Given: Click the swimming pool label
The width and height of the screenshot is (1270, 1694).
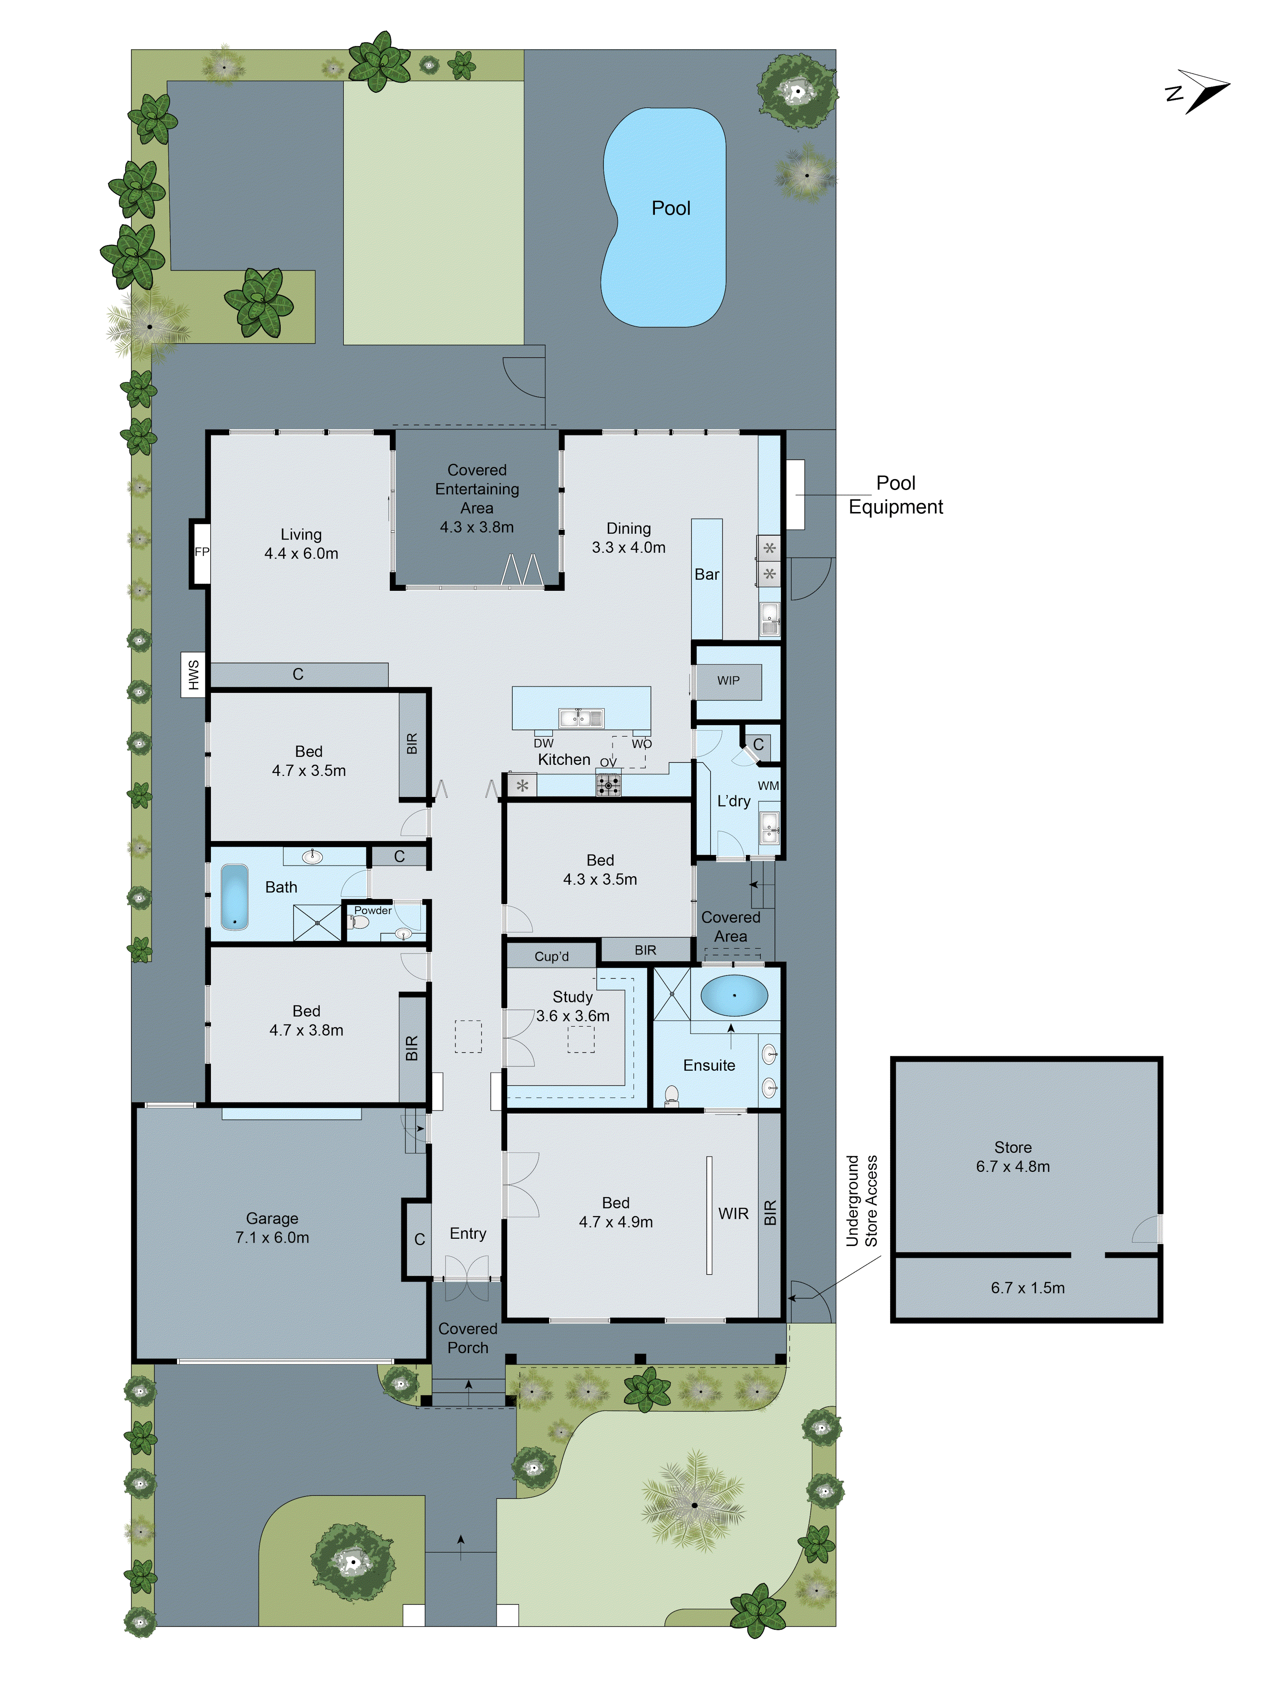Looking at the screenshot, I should (x=671, y=208).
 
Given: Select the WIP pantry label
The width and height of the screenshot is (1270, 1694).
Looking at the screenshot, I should (x=728, y=680).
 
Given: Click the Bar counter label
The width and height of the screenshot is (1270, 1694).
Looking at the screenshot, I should (x=707, y=574).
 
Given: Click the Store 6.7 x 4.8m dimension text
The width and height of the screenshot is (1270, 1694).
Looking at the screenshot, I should (x=1012, y=1166).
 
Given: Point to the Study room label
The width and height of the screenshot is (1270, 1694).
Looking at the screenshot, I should (x=573, y=997).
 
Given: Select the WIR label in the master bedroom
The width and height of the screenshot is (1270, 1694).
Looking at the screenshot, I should (x=733, y=1214).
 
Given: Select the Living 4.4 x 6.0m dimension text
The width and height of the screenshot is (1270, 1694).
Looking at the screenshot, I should (x=301, y=554).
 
